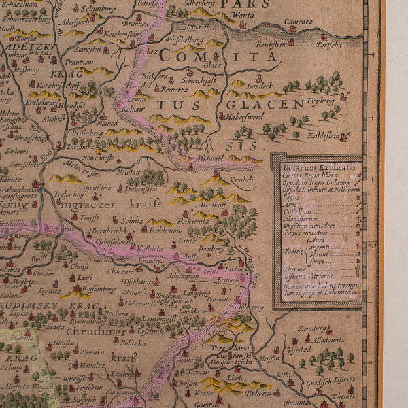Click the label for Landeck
pos(260,86)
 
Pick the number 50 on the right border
pos(371,247)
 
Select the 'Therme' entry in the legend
pos(294,268)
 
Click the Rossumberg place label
pos(97,288)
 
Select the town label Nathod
pos(107,123)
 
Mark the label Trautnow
pos(78,62)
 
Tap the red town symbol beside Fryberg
pos(343,97)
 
